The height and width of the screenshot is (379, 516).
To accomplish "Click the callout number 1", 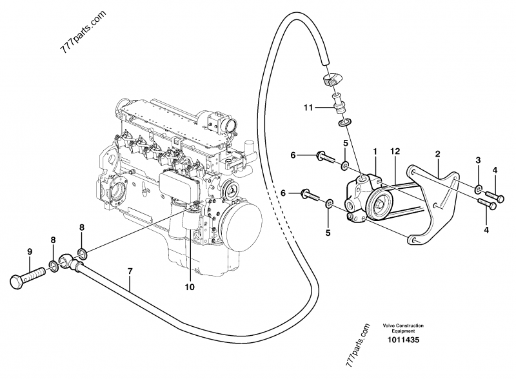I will click(374, 151).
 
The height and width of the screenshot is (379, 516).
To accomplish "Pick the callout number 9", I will click(30, 251).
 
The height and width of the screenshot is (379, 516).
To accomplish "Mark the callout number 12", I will click(395, 151).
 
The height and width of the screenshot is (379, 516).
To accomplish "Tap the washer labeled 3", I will click(478, 190).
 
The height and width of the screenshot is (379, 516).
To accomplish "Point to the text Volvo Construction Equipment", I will click(402, 328).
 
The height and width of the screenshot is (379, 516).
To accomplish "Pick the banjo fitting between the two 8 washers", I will click(68, 260).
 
